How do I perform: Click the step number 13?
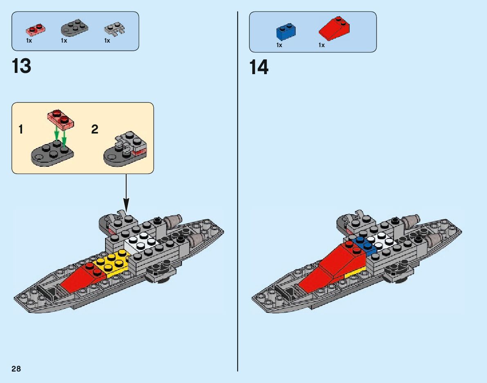point(22,66)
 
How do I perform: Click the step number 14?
point(259,68)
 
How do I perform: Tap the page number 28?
point(16,369)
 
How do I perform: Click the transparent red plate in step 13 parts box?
point(36,29)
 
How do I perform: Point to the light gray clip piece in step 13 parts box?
point(114,29)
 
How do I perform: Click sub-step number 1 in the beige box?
point(21,130)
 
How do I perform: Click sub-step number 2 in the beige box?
point(94,129)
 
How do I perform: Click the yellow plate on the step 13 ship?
point(109,264)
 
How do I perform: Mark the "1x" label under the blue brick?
point(279,45)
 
